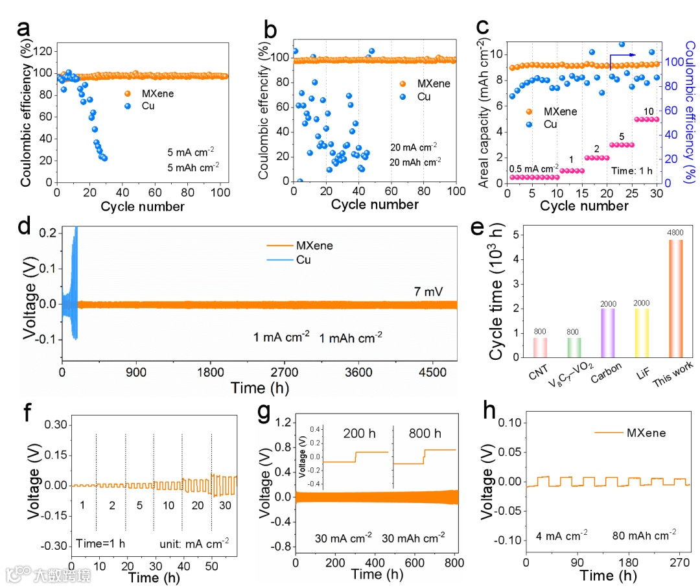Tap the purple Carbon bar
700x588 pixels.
pos(607,332)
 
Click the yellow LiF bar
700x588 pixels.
pos(642,332)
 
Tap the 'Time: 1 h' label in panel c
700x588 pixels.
pos(631,171)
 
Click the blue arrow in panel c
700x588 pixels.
pos(623,57)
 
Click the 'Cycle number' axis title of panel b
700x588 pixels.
pos(375,204)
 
